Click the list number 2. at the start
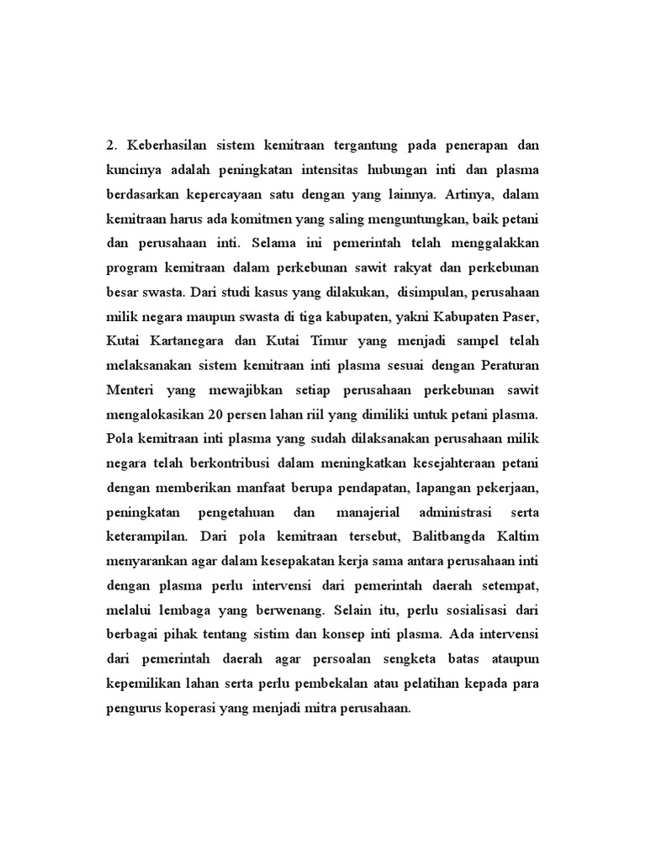[113, 146]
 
